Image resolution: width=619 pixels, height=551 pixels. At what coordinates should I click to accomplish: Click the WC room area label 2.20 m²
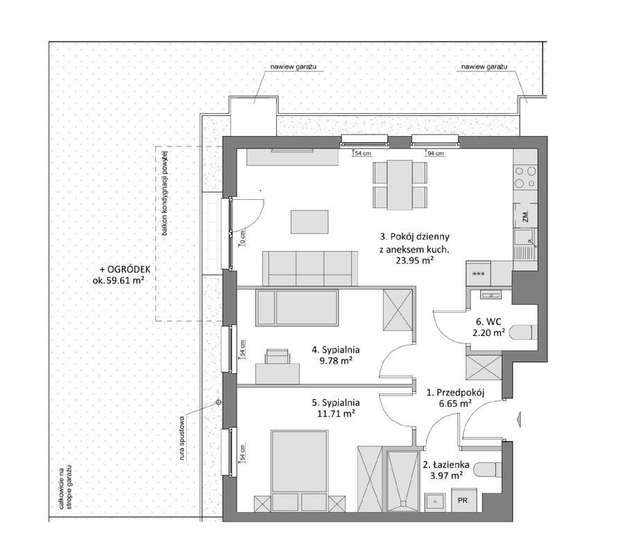point(489,332)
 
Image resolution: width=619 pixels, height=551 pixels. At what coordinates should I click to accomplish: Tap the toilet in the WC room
point(523,332)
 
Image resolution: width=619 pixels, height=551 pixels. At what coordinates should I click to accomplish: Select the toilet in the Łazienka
point(488,470)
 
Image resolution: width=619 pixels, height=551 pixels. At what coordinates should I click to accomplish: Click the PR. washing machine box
point(464,500)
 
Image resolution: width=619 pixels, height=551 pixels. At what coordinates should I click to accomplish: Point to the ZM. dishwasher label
point(525,217)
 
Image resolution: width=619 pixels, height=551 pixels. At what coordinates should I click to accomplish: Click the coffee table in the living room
point(309,222)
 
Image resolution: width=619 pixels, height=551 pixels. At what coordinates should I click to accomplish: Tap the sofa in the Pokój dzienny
point(310,269)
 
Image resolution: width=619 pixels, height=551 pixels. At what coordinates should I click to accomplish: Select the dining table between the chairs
point(400,185)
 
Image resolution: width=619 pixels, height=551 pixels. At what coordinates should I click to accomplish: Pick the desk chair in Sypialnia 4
point(278,356)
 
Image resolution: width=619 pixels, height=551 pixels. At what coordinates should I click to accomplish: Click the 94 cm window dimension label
point(436,153)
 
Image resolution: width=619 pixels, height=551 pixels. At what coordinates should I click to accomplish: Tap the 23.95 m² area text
point(414,260)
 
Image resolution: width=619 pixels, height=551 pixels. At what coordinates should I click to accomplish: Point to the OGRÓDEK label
point(125,269)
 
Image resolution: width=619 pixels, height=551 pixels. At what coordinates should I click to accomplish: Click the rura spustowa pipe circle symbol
point(219,402)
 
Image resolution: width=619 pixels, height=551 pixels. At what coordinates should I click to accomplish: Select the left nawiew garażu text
point(294,67)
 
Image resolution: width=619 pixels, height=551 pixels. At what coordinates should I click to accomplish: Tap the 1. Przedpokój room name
point(455,393)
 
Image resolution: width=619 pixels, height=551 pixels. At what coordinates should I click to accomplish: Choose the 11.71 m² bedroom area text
point(336,414)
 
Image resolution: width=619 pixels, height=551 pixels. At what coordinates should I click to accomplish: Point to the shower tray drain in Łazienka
point(402,503)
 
